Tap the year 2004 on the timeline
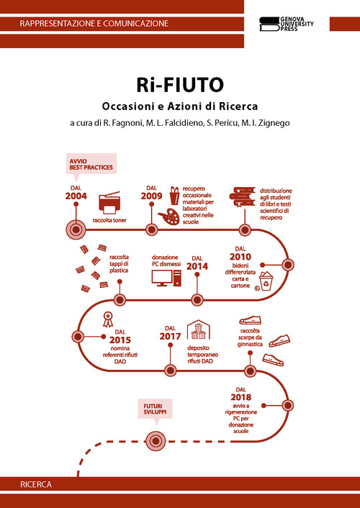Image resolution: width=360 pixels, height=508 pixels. [x=76, y=196]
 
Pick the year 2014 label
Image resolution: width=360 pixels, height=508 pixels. [x=197, y=266]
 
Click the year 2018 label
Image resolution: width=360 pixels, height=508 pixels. [x=241, y=397]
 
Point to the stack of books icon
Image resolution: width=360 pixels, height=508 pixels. [x=244, y=196]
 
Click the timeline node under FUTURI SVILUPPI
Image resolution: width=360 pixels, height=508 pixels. [x=156, y=439]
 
